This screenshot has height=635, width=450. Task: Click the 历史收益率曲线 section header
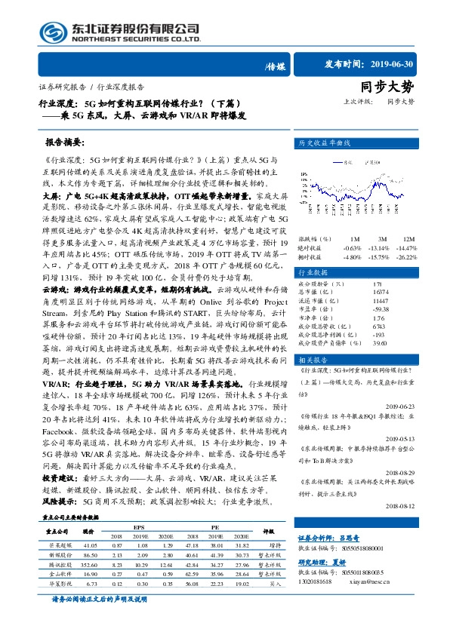pos(325,142)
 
